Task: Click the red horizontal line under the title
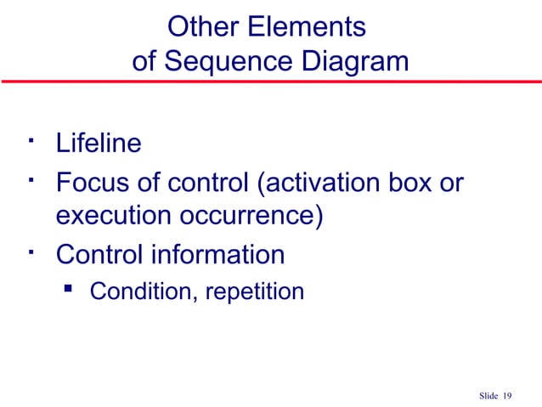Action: (271, 82)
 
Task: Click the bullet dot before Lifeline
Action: (30, 137)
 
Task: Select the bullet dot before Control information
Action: (30, 248)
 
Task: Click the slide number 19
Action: (509, 396)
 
